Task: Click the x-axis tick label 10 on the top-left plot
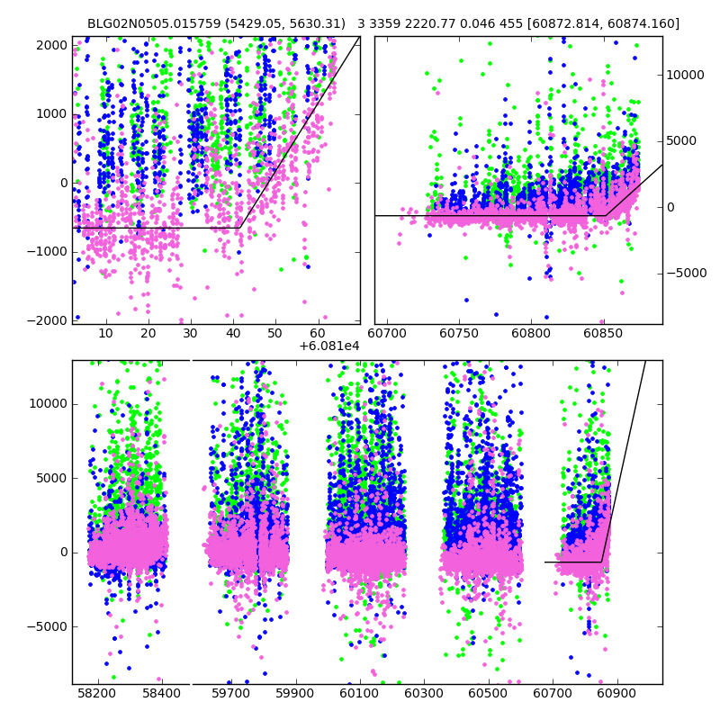(x=105, y=333)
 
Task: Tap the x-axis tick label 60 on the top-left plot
(x=318, y=333)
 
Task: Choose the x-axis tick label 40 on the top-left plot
(x=233, y=333)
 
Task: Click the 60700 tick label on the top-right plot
(x=388, y=333)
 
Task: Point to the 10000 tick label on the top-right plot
(x=686, y=75)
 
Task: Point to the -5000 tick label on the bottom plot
(x=47, y=626)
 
